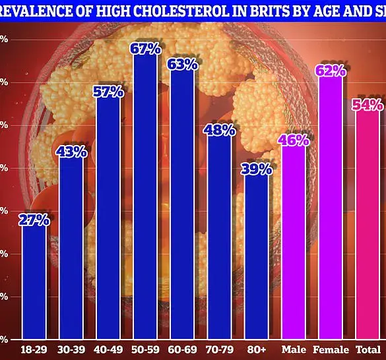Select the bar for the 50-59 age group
click(145, 198)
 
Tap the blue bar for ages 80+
click(257, 257)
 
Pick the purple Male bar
click(294, 244)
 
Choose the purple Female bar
click(331, 211)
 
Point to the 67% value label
click(146, 49)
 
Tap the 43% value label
click(71, 152)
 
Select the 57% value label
click(108, 92)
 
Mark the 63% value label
click(183, 64)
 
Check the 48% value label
click(220, 130)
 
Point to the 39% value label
click(257, 169)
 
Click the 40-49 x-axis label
click(108, 349)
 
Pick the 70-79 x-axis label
click(220, 349)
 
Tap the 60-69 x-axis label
click(183, 349)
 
